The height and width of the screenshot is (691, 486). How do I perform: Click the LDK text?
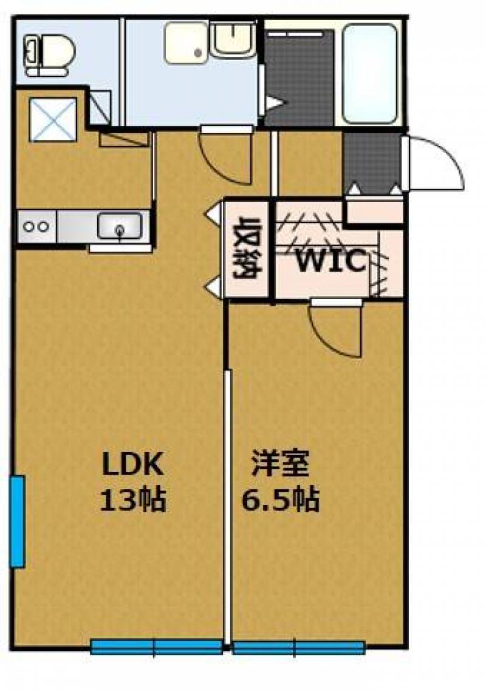(132, 466)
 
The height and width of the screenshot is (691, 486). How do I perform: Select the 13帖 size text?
(132, 501)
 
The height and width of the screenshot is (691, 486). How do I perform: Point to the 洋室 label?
(281, 466)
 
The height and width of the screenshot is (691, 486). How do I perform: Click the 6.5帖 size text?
(281, 501)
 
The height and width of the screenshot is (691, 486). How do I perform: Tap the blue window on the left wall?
(17, 521)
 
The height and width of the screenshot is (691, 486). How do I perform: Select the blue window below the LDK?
(156, 647)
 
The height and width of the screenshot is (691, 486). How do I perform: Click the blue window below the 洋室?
(298, 648)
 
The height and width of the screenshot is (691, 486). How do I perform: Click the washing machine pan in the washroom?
(186, 43)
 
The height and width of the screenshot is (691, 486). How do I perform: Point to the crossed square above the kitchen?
(53, 119)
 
